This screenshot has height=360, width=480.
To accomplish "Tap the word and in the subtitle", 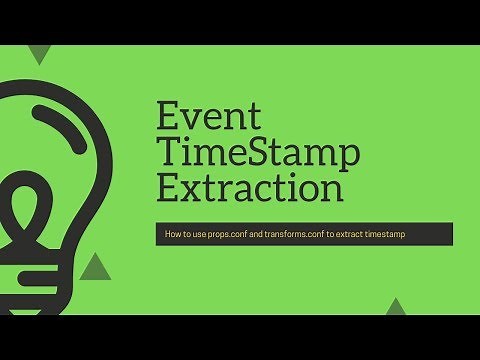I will click(269, 234).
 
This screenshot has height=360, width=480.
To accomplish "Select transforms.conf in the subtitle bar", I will click(309, 234).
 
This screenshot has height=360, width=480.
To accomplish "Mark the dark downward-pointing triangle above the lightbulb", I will click(40, 54).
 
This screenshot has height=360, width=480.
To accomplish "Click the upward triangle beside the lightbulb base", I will click(94, 265).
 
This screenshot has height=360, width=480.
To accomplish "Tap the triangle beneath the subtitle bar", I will click(397, 307).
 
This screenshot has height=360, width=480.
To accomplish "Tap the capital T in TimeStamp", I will click(168, 151).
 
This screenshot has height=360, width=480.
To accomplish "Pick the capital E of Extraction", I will click(169, 187).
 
